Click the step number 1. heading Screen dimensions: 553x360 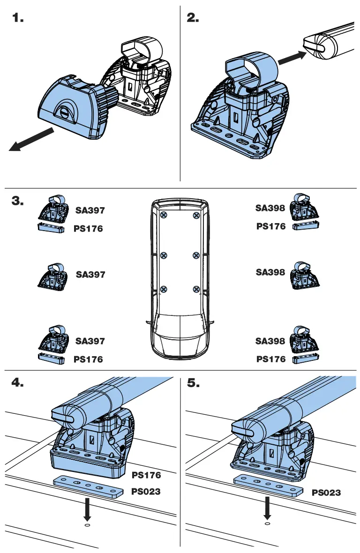point(17,18)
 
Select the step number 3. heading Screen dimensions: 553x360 point(18,201)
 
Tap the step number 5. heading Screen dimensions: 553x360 point(193,383)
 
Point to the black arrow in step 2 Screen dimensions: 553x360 point(291,58)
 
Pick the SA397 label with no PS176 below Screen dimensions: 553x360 point(90,275)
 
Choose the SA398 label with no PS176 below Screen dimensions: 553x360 point(270,272)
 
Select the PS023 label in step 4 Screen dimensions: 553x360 point(146,492)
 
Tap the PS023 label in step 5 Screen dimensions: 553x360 point(326,493)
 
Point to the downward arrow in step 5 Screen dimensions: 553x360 point(267,507)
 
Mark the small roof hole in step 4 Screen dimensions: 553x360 point(87,525)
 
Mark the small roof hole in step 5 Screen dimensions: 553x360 point(267,523)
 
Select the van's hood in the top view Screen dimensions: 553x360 point(180,347)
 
